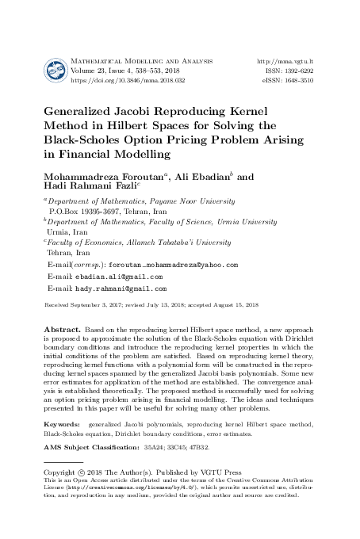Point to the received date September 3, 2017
pos(98,304)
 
